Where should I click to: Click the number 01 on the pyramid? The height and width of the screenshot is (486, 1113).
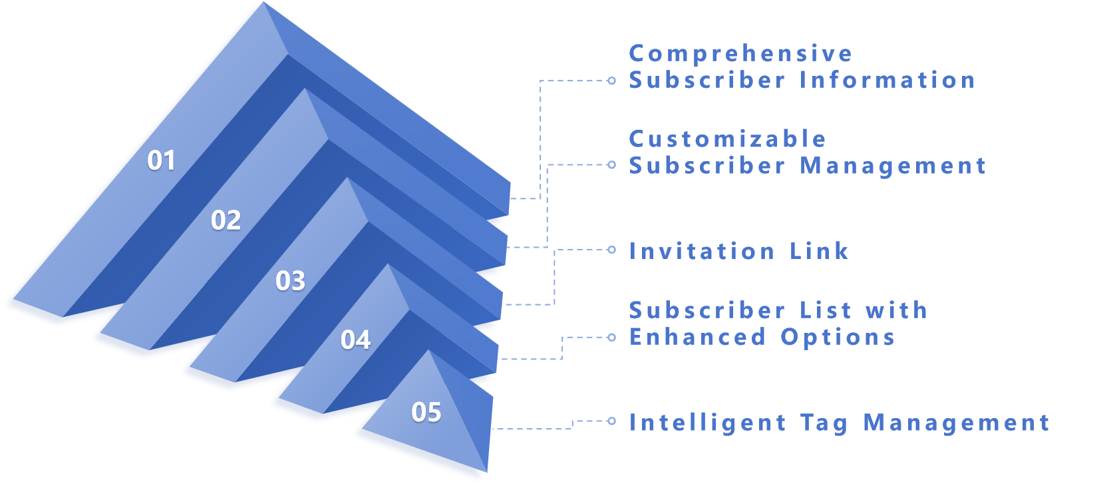coord(162,160)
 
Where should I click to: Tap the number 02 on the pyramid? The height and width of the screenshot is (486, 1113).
coord(226,220)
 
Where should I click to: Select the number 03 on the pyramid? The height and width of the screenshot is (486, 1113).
coord(291,281)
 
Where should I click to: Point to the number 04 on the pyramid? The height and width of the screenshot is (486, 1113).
coord(356,340)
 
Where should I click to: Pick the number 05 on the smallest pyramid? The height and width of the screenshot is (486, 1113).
coord(426,413)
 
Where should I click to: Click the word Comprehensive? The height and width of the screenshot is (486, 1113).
coord(740,54)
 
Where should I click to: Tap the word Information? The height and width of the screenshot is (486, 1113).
coord(887,81)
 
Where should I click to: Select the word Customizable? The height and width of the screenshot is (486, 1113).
coord(728,139)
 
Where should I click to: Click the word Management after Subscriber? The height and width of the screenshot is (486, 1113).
coord(893,166)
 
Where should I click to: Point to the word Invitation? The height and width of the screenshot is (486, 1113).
coord(702,251)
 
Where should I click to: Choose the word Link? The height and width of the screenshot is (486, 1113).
coord(819,251)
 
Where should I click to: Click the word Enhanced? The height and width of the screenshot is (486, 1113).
coord(698,337)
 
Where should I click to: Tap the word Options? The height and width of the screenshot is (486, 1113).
coord(838,337)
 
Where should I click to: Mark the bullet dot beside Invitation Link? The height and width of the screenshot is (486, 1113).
coord(612,250)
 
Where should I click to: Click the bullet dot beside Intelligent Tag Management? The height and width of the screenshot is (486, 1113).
coord(612,421)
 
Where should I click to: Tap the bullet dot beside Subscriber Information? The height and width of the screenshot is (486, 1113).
coord(612,81)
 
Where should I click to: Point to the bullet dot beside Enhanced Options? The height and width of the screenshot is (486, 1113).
coord(612,338)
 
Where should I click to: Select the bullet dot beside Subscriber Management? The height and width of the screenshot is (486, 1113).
coord(612,164)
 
